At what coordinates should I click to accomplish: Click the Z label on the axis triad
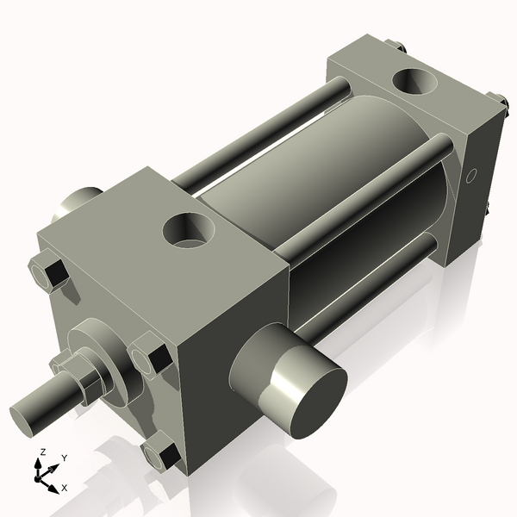(40, 452)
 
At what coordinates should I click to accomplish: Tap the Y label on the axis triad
(64, 458)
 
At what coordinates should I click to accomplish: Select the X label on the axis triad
(64, 489)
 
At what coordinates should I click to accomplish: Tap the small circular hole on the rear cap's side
(470, 178)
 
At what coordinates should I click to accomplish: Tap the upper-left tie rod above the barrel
(258, 129)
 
